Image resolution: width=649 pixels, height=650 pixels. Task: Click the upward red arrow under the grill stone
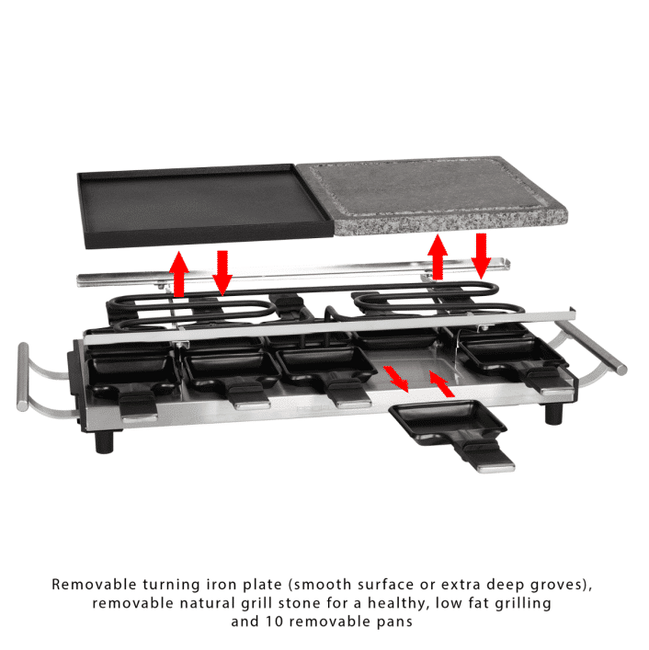point(438,257)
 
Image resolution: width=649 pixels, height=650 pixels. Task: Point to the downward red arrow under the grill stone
point(481,255)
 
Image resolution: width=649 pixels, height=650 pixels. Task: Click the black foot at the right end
point(554,413)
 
